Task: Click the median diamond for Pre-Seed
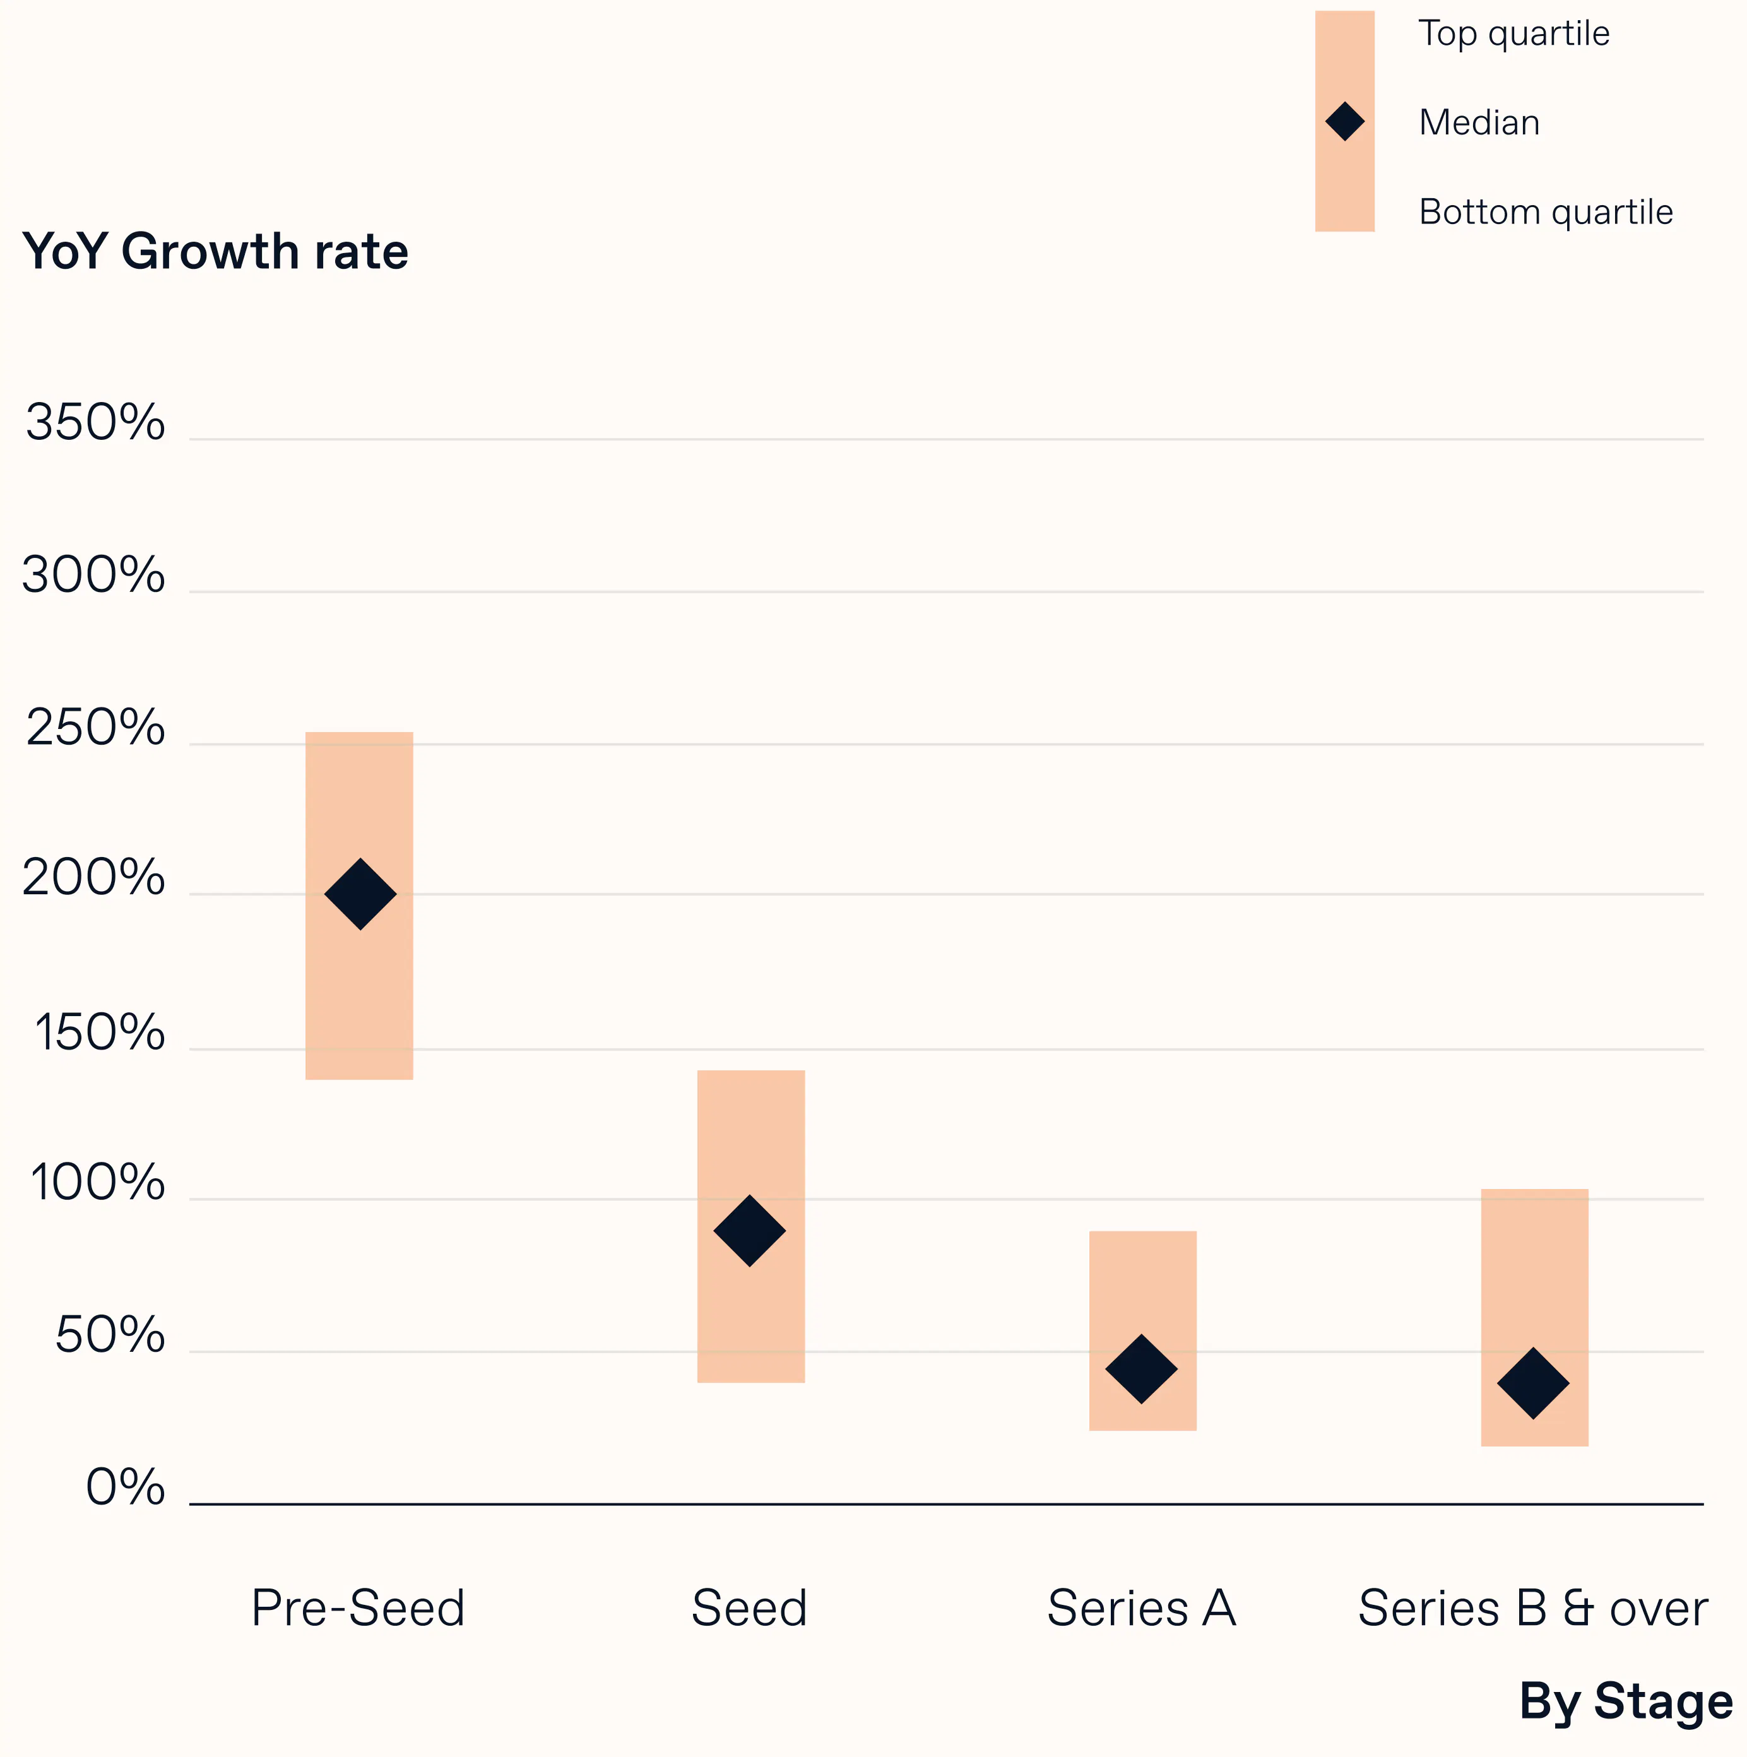[x=360, y=894]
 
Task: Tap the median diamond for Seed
[x=749, y=1231]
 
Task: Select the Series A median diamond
[x=1141, y=1369]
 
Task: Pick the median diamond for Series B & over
[x=1533, y=1383]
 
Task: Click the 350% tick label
[x=95, y=423]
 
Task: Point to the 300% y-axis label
[x=93, y=576]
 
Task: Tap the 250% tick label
[x=95, y=728]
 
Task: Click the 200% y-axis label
[x=93, y=878]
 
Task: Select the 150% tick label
[x=99, y=1033]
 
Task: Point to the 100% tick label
[x=97, y=1183]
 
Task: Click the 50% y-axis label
[x=110, y=1336]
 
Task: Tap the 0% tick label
[x=126, y=1488]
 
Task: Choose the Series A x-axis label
[x=1141, y=1608]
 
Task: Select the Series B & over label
[x=1532, y=1608]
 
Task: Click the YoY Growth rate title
[x=215, y=252]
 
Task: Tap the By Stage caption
[x=1626, y=1701]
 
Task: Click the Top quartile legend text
[x=1514, y=33]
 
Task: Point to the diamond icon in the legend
[x=1344, y=122]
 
